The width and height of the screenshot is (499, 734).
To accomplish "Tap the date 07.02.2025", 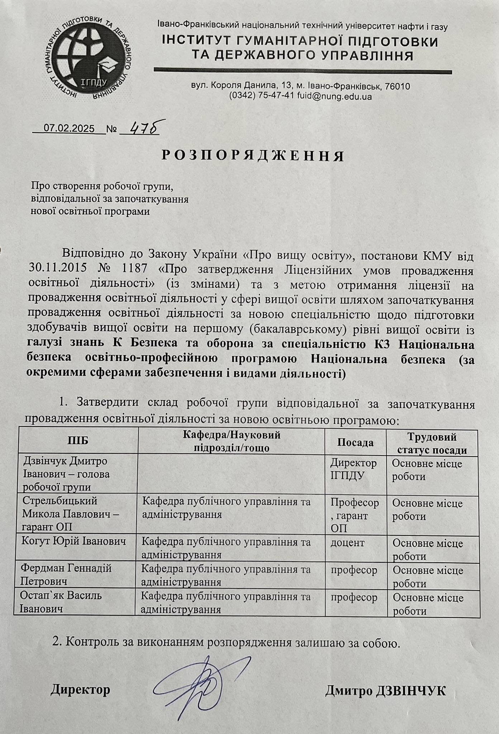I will click(69, 128).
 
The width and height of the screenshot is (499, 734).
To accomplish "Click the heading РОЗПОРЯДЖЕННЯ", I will click(253, 156).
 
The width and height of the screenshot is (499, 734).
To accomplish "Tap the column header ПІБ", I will click(77, 441).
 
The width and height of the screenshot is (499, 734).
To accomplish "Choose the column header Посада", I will click(355, 442).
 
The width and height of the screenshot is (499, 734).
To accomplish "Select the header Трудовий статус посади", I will click(432, 444).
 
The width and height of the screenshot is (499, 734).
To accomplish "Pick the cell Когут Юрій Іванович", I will click(75, 542).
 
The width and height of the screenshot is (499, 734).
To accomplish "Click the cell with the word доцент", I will click(347, 542).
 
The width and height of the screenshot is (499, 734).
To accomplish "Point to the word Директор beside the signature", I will click(80, 690).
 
